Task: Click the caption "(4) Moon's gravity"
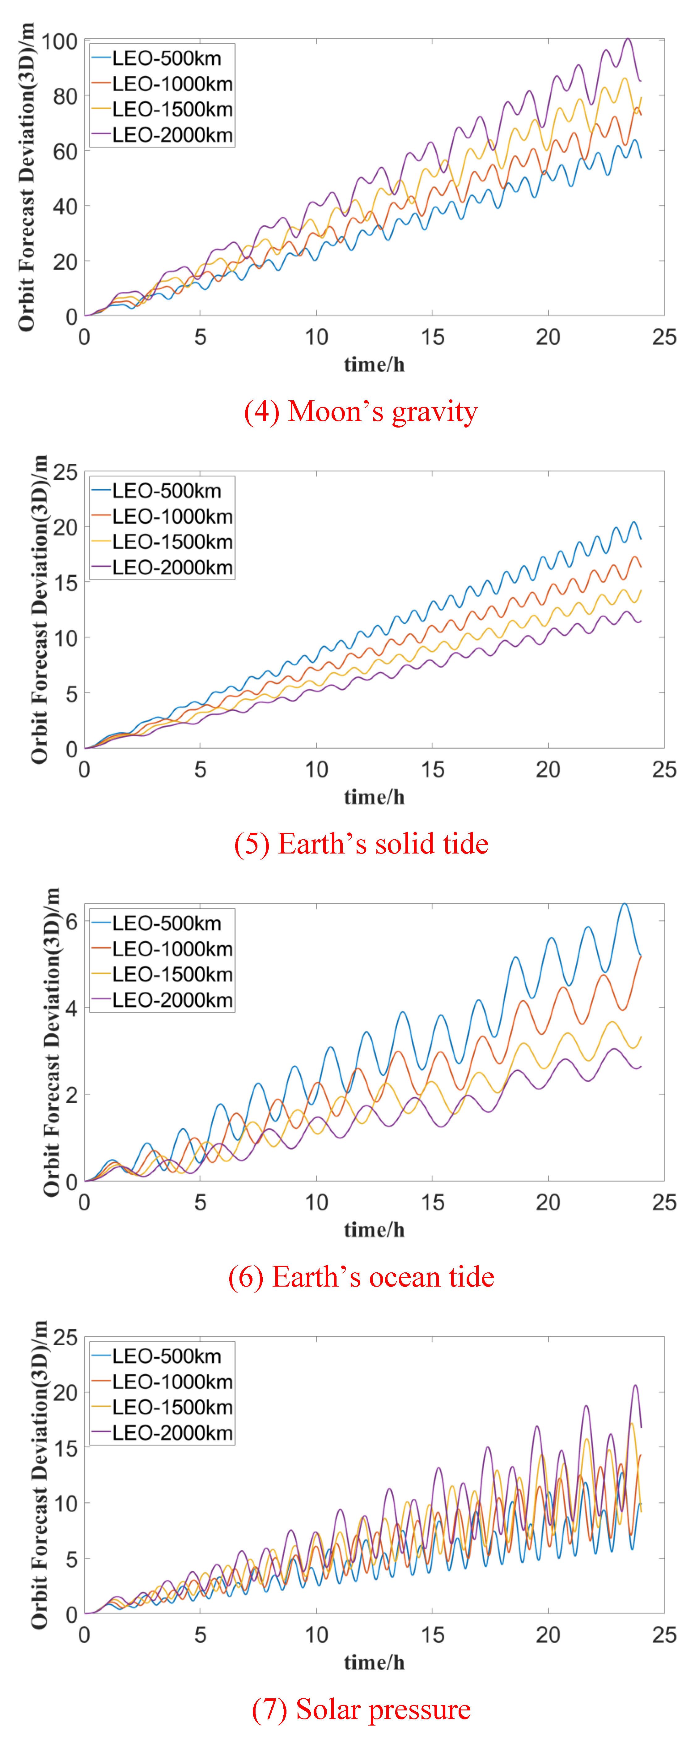[x=361, y=411]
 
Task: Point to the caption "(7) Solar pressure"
[x=361, y=1709]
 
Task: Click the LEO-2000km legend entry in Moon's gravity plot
[x=172, y=135]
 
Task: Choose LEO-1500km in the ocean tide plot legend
[x=172, y=974]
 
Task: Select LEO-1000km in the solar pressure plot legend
[x=172, y=1382]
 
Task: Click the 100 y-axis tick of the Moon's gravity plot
[x=59, y=42]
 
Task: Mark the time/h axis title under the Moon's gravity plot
[x=374, y=365]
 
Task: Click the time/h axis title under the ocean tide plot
[x=374, y=1230]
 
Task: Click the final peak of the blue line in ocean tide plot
[x=624, y=904]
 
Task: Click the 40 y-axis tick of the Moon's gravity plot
[x=65, y=206]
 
